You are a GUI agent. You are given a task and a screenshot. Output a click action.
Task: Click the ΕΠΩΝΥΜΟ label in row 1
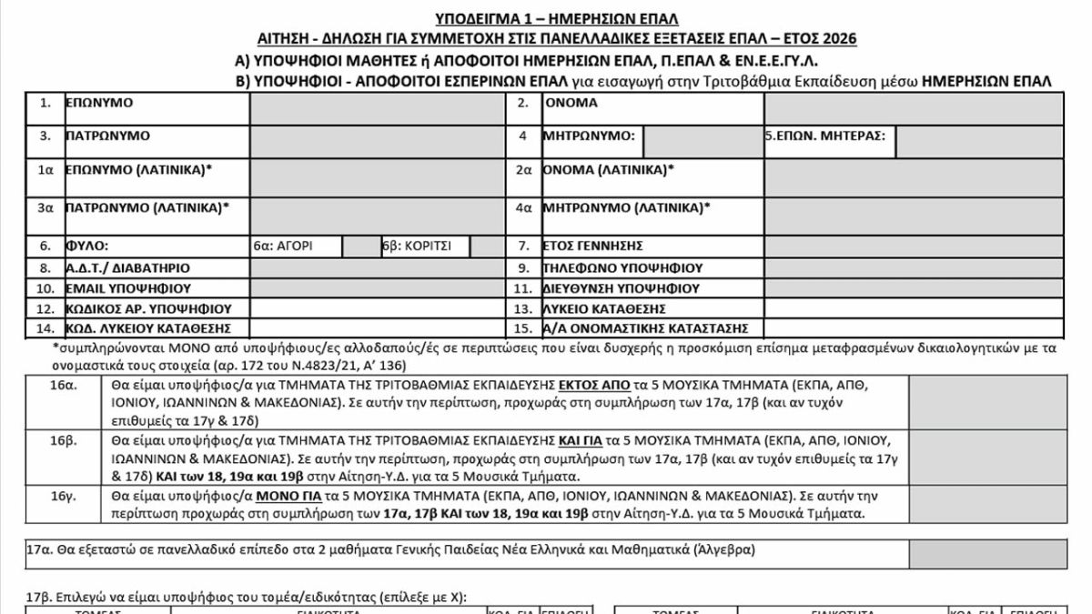click(99, 104)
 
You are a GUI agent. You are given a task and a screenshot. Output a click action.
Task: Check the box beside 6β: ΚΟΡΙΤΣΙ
click(488, 247)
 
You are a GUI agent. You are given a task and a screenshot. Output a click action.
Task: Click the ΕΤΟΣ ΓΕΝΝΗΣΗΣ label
click(593, 247)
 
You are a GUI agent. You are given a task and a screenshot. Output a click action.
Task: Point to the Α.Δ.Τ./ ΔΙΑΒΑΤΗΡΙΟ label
click(127, 268)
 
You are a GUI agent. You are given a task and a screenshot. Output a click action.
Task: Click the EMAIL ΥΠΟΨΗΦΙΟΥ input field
click(377, 288)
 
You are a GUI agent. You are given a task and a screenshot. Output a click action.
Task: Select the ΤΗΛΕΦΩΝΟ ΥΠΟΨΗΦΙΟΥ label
click(623, 268)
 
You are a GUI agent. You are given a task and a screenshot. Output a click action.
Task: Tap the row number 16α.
click(63, 385)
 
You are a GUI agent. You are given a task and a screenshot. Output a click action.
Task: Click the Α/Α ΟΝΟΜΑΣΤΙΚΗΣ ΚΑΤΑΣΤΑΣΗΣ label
click(645, 327)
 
